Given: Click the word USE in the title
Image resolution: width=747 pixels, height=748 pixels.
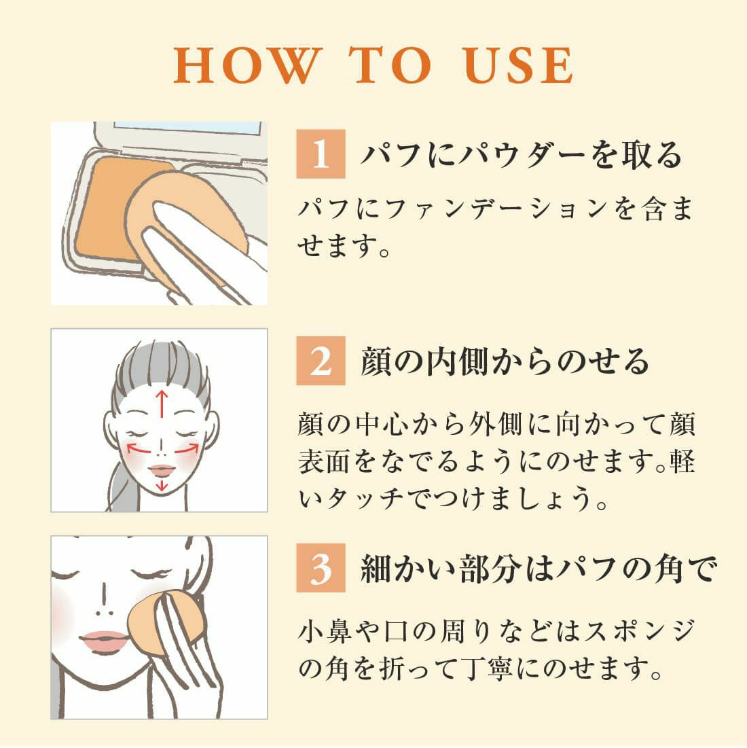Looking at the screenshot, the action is tap(517, 65).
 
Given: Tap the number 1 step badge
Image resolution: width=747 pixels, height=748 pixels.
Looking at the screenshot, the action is tap(321, 154).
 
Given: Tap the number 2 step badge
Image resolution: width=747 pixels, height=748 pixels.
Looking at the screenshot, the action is tap(321, 361).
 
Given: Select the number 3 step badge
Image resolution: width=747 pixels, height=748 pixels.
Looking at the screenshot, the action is tap(321, 568).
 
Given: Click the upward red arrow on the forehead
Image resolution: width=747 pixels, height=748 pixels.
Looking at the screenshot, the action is tap(162, 404).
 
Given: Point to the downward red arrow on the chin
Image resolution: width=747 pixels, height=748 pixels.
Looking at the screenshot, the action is tap(162, 486).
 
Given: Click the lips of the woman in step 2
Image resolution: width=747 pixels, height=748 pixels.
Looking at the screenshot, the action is tap(162, 471).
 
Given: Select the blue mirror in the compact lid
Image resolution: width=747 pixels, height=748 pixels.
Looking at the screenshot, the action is tap(187, 127).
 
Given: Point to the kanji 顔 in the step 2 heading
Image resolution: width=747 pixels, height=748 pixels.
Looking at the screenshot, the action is tap(376, 361).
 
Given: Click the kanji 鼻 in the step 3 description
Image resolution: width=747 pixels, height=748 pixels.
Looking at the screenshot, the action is tap(340, 630).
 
